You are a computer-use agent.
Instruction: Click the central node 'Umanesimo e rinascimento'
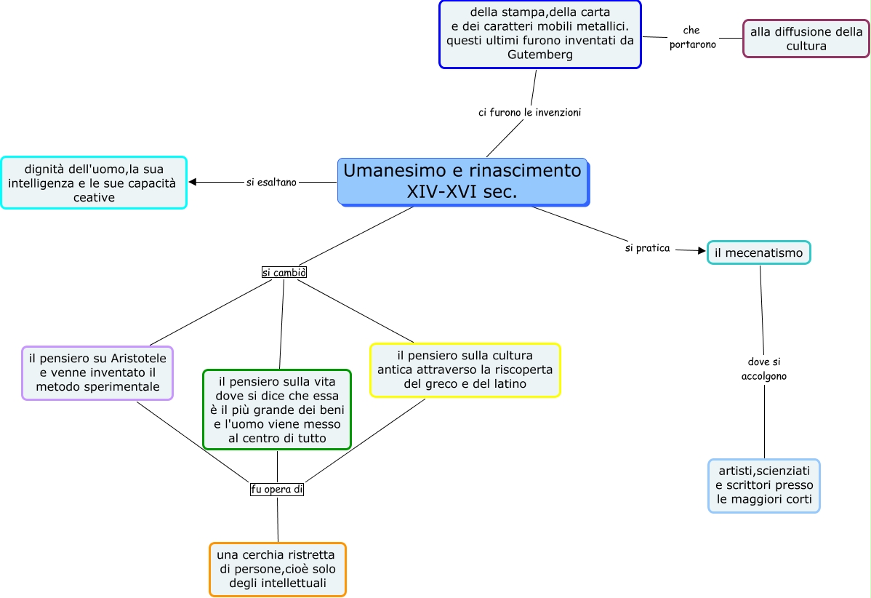(462, 172)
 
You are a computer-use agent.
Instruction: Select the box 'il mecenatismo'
(758, 252)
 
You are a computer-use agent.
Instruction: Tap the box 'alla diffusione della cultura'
(806, 39)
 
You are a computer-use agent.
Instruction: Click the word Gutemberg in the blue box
(540, 55)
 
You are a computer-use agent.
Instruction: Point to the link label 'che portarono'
(692, 37)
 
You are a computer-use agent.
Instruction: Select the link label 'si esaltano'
(271, 183)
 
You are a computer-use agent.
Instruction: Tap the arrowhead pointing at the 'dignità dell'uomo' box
(193, 182)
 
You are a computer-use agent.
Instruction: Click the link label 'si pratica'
(647, 248)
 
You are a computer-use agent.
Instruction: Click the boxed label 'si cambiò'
(284, 272)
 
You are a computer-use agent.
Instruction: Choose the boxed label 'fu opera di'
(276, 490)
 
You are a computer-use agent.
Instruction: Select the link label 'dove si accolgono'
(763, 369)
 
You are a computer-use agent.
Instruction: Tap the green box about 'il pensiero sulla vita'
(277, 409)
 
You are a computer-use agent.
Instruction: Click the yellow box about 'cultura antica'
(465, 370)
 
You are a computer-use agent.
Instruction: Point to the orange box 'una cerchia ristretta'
(277, 569)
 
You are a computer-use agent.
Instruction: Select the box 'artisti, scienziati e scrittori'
(764, 485)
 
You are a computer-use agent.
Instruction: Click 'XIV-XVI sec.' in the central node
(462, 192)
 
